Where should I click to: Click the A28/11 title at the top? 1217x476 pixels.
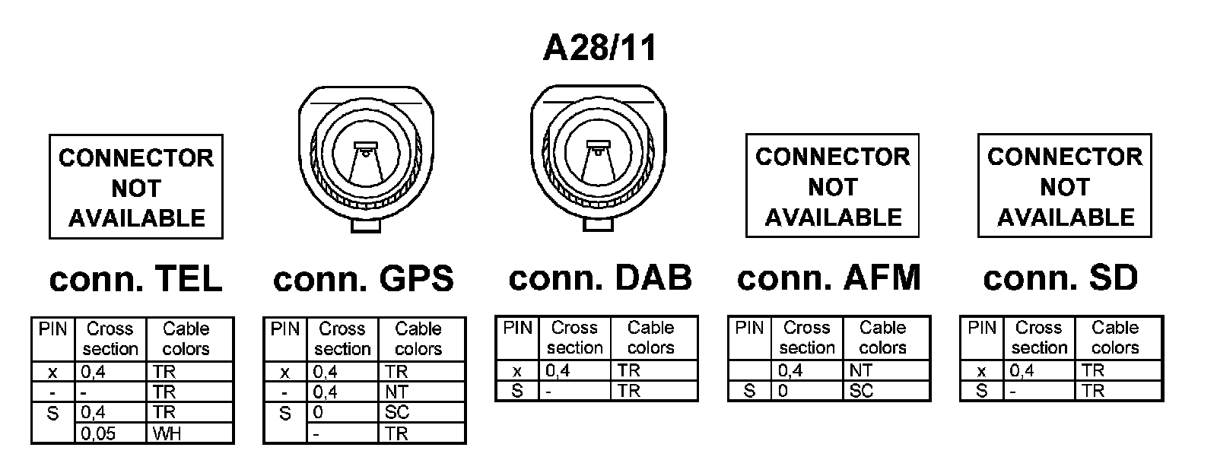coord(599,48)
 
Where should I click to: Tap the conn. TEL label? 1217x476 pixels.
coord(135,279)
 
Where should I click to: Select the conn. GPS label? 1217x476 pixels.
coord(363,279)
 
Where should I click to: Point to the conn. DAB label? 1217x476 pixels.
coord(600,278)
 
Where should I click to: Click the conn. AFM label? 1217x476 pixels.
coord(828,278)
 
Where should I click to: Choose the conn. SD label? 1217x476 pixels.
coord(1060,278)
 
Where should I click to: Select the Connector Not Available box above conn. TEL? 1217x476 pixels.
coord(136,188)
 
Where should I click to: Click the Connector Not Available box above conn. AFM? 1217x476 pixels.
coord(832,186)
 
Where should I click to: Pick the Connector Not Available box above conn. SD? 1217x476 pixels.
coord(1064,186)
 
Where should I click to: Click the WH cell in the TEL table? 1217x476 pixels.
coord(189,434)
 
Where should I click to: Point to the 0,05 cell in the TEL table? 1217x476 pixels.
coord(112,434)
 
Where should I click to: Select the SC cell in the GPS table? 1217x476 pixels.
coord(421,413)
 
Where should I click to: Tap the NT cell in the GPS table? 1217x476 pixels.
coord(421,392)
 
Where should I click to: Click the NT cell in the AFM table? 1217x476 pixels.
coord(886,370)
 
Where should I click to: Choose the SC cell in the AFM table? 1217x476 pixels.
coord(886,391)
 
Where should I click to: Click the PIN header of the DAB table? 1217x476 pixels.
coord(517,328)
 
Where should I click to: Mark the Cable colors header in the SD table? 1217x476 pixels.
coord(1115,338)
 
